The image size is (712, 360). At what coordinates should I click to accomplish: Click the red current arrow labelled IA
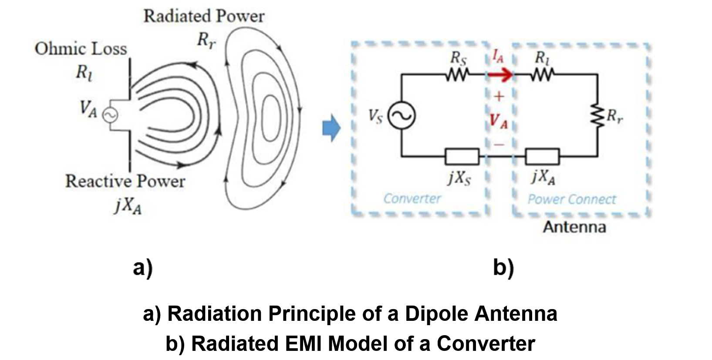coord(500,75)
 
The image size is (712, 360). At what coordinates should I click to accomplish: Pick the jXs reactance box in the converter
coord(462,156)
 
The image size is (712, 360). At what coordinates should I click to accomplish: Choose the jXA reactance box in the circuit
coord(542,156)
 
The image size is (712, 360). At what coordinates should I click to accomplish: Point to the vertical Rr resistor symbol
coord(597,116)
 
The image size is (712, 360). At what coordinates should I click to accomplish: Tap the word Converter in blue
coord(412,199)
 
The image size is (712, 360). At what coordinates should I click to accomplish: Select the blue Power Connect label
coord(572,199)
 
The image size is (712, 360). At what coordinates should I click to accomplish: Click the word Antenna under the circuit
coord(574,227)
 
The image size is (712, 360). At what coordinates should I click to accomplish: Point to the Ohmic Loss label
coord(81,49)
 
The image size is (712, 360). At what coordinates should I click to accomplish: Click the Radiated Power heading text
coord(204,17)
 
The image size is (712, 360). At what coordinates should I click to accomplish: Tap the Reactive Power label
coord(125,181)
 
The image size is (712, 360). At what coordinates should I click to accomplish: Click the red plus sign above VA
coord(499,96)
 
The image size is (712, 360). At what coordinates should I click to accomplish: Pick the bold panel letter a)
coord(143,268)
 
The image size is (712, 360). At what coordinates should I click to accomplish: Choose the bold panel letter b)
coord(503,268)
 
